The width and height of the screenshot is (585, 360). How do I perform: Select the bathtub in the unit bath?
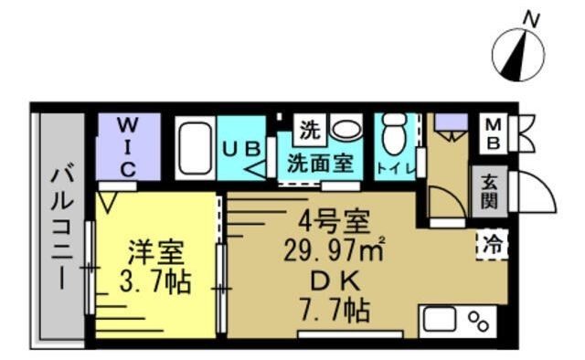[194, 147]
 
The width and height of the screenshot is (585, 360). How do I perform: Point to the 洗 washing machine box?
[310, 130]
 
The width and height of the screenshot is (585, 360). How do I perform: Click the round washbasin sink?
[345, 129]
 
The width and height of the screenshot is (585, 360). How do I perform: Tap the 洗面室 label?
[320, 164]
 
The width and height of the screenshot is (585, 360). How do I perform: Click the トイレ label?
[396, 169]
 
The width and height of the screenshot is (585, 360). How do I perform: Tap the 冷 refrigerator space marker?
[491, 245]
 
